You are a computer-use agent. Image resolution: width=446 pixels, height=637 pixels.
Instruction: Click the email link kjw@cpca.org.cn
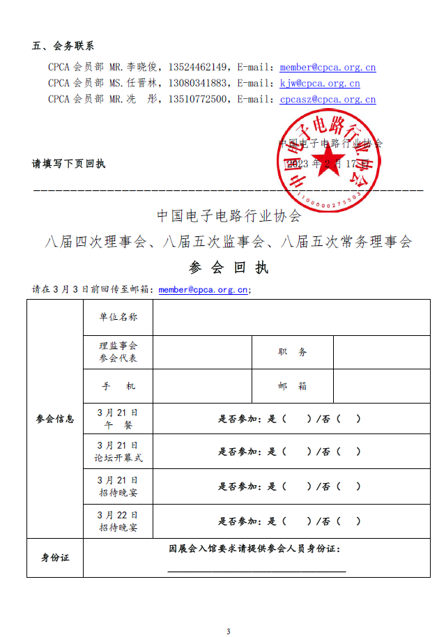(x=320, y=84)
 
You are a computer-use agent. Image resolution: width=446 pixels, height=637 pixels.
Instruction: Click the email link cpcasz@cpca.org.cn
(x=328, y=100)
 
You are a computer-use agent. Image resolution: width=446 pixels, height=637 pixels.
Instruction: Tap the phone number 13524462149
(x=199, y=68)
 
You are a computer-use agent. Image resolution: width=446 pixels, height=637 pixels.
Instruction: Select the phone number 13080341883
(x=199, y=84)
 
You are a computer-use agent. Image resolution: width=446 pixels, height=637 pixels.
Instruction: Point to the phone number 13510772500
(x=199, y=100)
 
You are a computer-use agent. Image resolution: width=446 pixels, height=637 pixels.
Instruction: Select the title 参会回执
(x=229, y=268)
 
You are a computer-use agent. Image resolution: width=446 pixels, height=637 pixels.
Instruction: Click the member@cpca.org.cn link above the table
(x=203, y=289)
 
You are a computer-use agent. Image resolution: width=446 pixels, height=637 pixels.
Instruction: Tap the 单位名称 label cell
(x=118, y=317)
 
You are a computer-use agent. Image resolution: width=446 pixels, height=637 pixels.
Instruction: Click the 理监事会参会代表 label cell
(x=118, y=352)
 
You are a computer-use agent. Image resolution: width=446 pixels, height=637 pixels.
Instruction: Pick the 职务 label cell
(x=292, y=352)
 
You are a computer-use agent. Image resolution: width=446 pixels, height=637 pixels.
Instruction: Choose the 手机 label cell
(x=118, y=386)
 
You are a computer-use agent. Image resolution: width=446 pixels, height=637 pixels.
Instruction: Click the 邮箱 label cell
(x=292, y=386)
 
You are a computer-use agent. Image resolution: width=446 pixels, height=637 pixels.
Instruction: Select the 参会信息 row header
(x=55, y=419)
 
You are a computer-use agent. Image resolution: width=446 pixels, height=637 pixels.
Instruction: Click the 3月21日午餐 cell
(x=118, y=420)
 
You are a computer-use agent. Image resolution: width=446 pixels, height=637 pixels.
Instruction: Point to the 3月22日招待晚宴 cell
(x=118, y=521)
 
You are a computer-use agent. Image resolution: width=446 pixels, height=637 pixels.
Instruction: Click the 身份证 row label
(x=55, y=558)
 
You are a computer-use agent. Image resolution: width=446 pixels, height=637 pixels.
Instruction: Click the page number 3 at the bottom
(x=228, y=631)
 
